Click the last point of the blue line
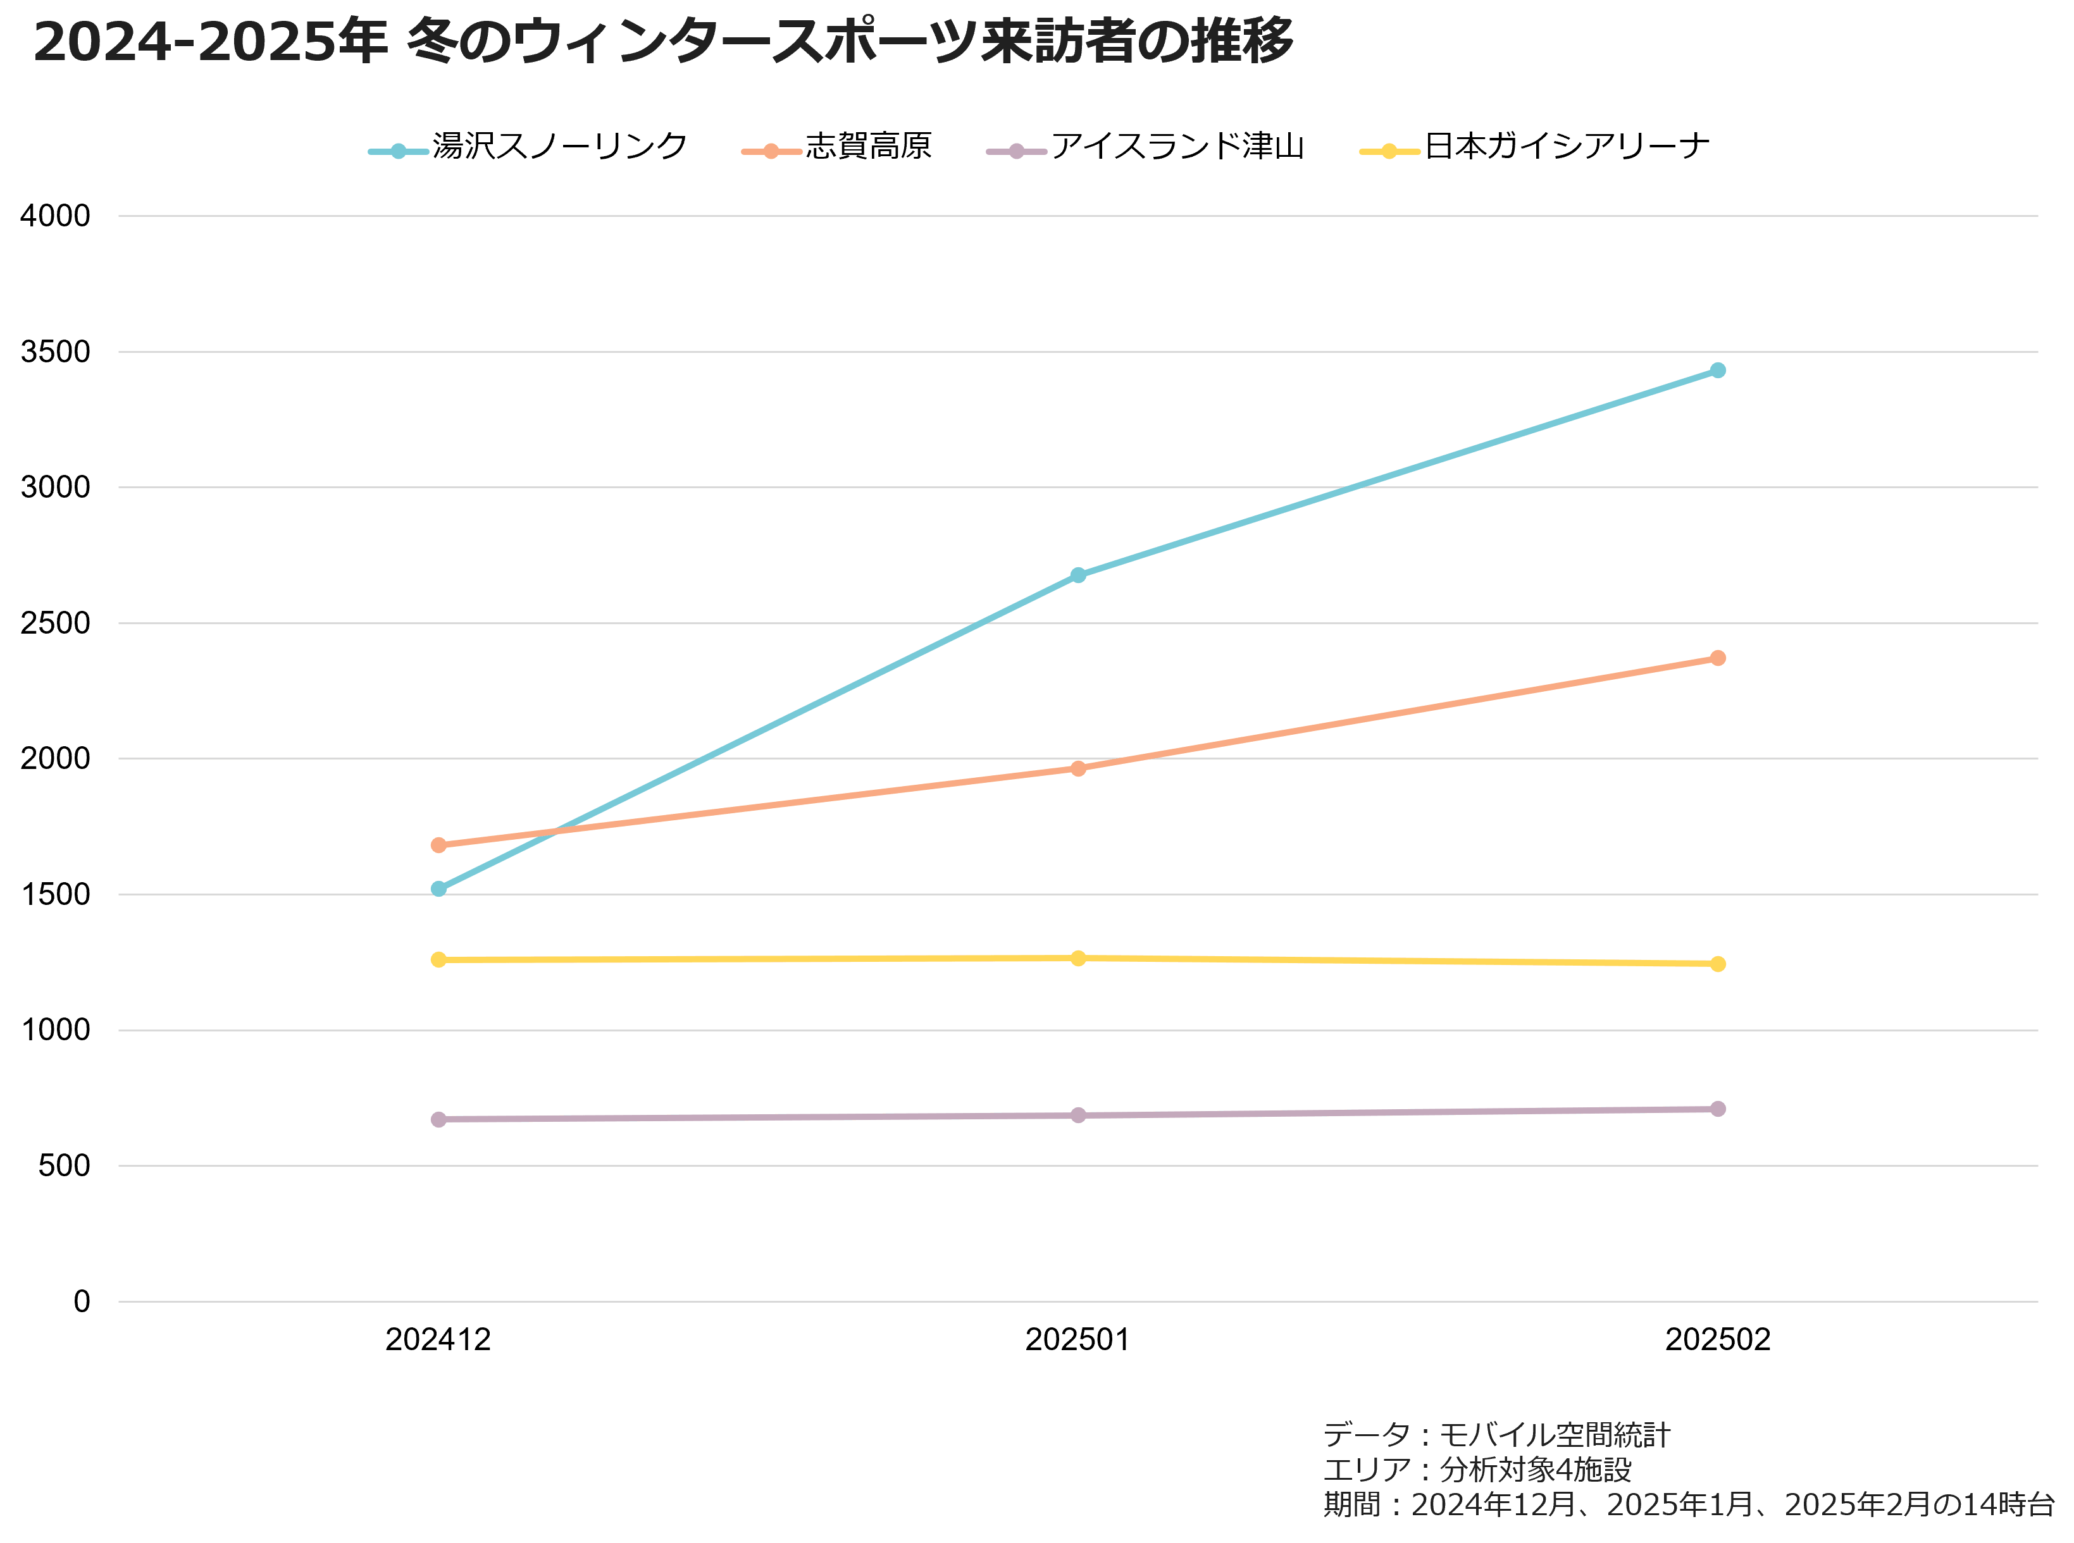[x=1717, y=371]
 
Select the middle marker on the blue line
[x=1078, y=575]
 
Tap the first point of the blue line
[x=438, y=888]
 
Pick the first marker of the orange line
[x=438, y=845]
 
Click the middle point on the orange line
[x=1078, y=769]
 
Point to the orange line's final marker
[x=1717, y=658]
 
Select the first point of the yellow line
[x=438, y=959]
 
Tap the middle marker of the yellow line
[x=1078, y=958]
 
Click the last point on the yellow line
[x=1717, y=964]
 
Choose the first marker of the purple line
[x=438, y=1119]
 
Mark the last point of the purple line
[x=1717, y=1109]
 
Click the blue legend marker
[x=399, y=151]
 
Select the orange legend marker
[x=771, y=151]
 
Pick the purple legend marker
[x=1017, y=151]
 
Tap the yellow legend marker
[x=1389, y=151]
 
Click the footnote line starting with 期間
[x=1689, y=1504]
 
